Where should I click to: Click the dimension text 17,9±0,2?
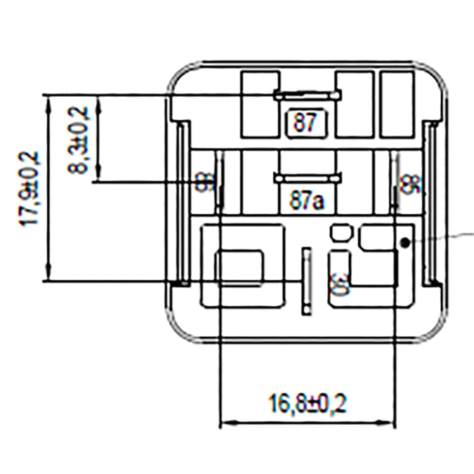pyautogui.click(x=29, y=189)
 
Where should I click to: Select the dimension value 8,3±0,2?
pyautogui.click(x=80, y=139)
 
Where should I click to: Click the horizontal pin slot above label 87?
pyautogui.click(x=307, y=96)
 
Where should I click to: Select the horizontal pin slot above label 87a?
pyautogui.click(x=307, y=179)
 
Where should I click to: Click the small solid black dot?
pyautogui.click(x=404, y=243)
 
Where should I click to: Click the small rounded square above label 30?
pyautogui.click(x=341, y=233)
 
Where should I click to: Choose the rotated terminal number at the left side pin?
pyautogui.click(x=202, y=182)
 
